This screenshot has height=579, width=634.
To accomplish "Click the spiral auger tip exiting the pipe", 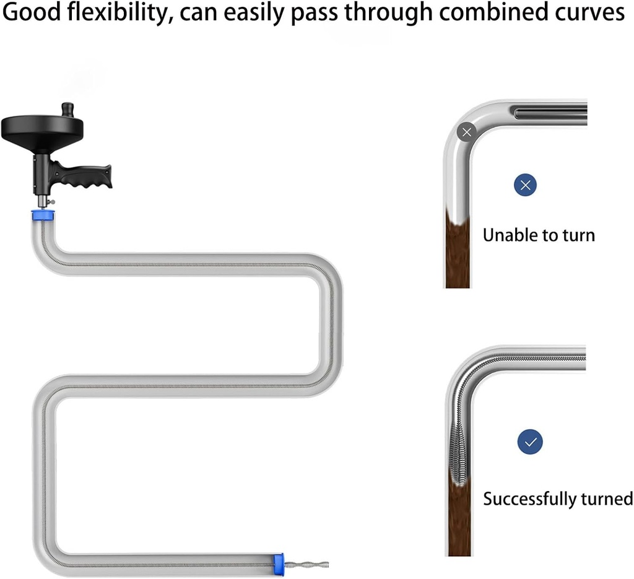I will pyautogui.click(x=306, y=564).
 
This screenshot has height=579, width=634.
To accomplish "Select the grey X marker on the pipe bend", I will pyautogui.click(x=466, y=131).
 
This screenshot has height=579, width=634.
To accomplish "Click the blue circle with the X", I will pyautogui.click(x=525, y=185).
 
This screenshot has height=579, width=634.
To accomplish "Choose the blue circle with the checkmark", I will pyautogui.click(x=530, y=442).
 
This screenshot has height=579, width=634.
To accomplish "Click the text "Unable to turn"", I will pyautogui.click(x=538, y=235).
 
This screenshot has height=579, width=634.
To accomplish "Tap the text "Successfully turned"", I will pyautogui.click(x=557, y=498).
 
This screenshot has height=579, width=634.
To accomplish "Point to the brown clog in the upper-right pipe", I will pyautogui.click(x=457, y=251).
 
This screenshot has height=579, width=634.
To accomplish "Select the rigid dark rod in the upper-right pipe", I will pyautogui.click(x=548, y=112).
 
